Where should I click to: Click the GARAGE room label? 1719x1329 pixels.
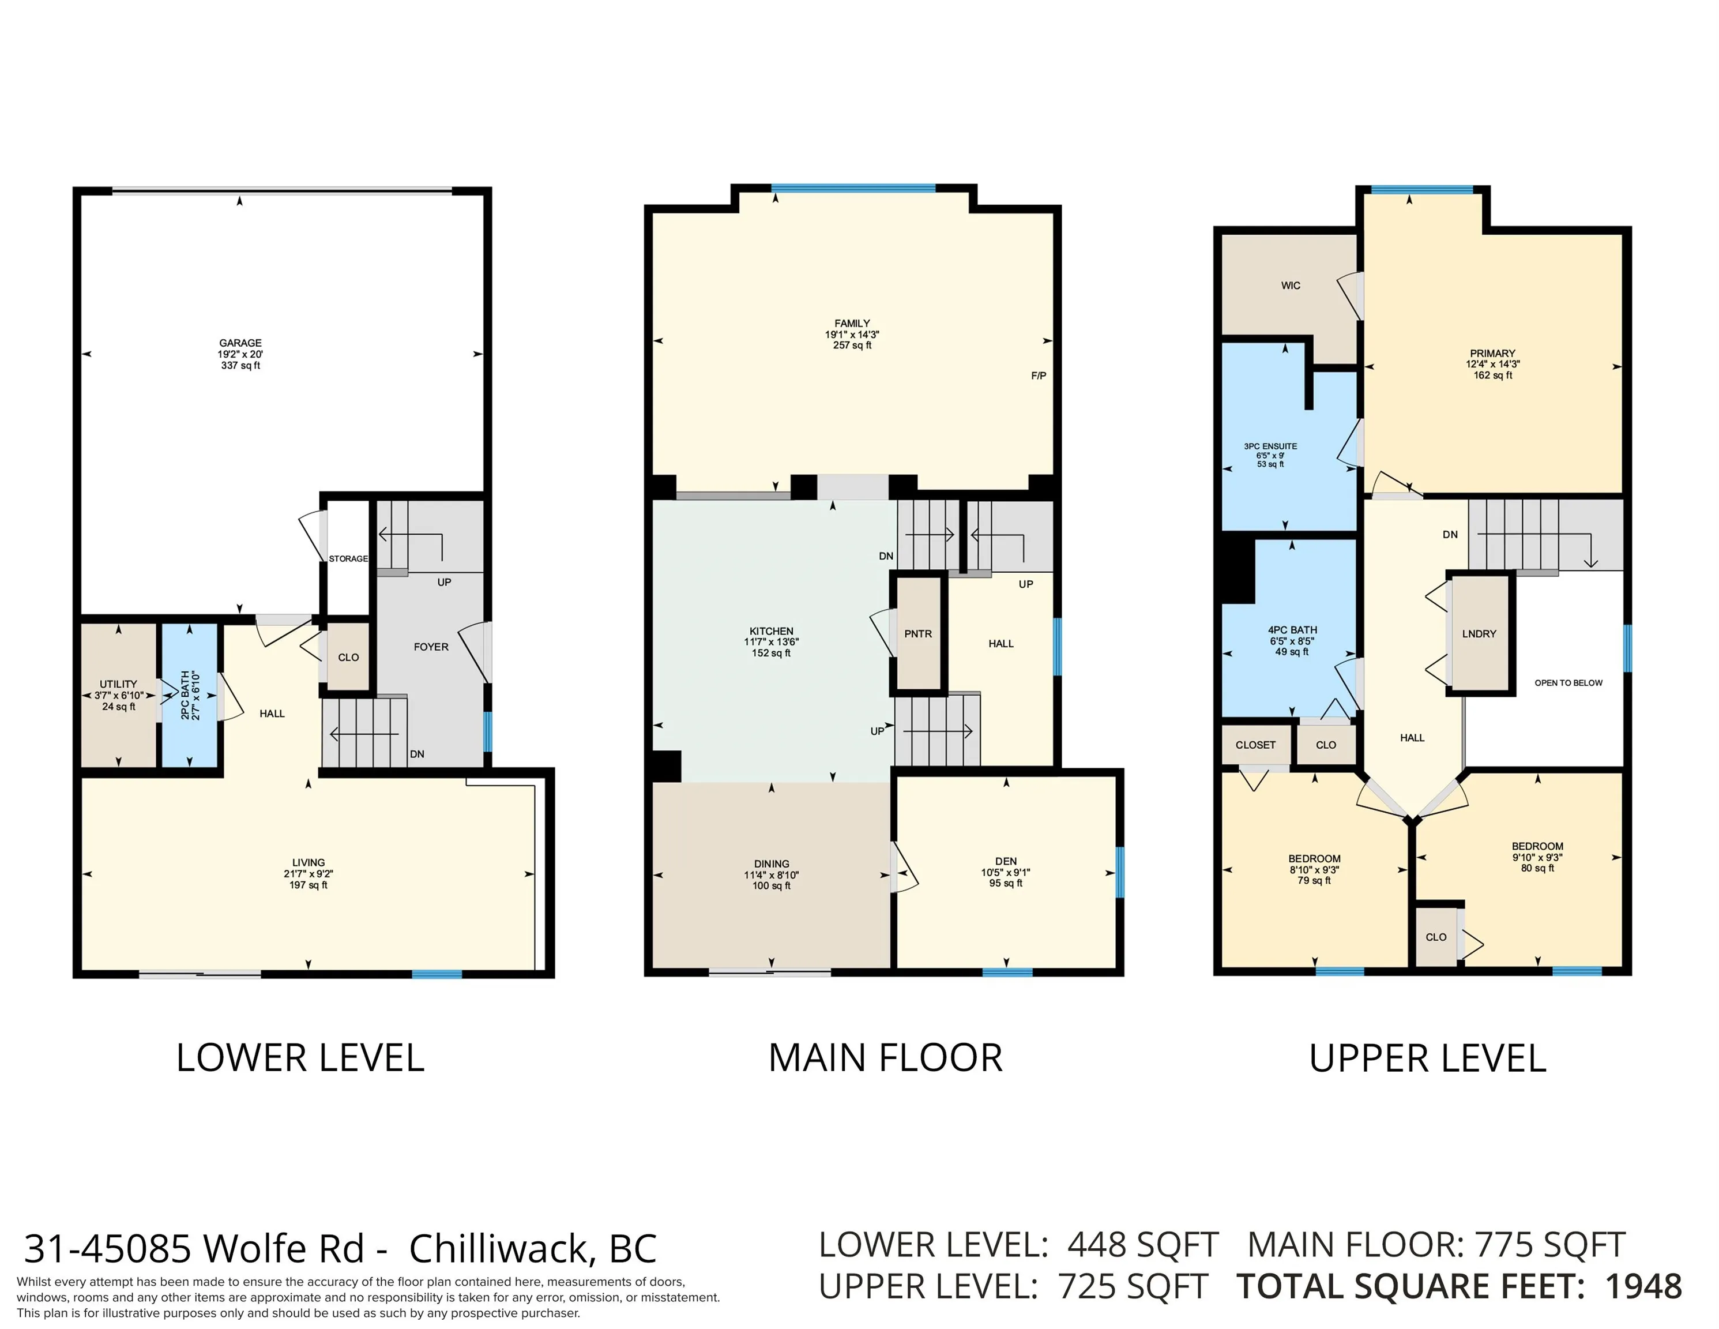click(240, 343)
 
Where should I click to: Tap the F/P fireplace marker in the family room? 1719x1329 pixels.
click(1038, 376)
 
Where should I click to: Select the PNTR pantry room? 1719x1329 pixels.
click(918, 634)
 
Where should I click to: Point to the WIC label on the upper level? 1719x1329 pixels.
click(1291, 286)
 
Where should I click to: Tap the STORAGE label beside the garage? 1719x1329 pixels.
click(348, 559)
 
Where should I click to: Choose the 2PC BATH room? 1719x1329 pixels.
click(189, 695)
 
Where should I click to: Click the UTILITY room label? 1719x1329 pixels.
click(118, 684)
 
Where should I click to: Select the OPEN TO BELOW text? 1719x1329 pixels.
click(1568, 682)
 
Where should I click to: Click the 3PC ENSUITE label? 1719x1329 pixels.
click(1270, 446)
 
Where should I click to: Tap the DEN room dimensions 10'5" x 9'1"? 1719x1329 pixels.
click(1006, 872)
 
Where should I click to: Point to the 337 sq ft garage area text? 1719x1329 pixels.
click(240, 365)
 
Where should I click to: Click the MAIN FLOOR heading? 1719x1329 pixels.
click(886, 1058)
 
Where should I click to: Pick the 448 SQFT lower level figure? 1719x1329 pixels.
click(1143, 1245)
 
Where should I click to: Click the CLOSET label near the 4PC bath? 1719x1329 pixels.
click(1255, 745)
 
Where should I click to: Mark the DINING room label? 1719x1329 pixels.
click(772, 864)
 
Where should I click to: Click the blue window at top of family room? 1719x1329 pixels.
click(853, 188)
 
